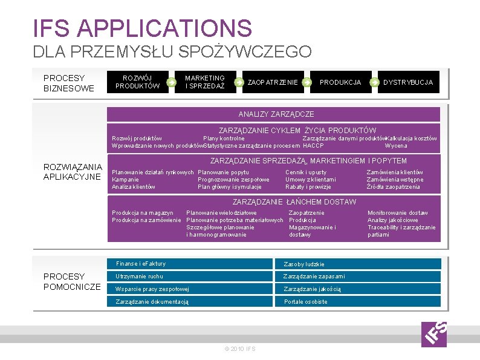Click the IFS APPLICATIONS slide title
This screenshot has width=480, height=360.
click(x=143, y=28)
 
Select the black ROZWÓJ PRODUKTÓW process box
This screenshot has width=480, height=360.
click(x=137, y=82)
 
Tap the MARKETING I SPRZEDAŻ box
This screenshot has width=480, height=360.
click(x=205, y=82)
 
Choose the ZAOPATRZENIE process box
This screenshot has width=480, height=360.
click(x=273, y=82)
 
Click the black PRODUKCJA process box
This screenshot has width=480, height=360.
click(x=340, y=82)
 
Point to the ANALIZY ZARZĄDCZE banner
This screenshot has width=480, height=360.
click(x=276, y=114)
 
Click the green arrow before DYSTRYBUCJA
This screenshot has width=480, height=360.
click(x=375, y=82)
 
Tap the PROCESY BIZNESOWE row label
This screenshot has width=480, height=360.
click(x=69, y=83)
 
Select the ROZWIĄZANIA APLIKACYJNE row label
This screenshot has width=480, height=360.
click(x=73, y=171)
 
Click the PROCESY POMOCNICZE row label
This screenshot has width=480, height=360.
click(x=72, y=281)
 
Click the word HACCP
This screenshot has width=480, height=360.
click(x=313, y=146)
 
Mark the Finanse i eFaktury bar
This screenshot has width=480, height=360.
click(x=192, y=264)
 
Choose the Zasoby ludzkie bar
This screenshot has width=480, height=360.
click(x=361, y=264)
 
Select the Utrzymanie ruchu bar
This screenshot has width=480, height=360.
click(x=192, y=277)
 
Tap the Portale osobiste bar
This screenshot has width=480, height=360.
click(x=361, y=301)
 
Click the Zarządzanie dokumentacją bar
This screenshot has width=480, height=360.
click(x=192, y=301)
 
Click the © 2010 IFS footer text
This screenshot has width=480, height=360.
click(x=240, y=349)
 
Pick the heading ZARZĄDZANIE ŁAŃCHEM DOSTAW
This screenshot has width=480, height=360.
click(x=294, y=201)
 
